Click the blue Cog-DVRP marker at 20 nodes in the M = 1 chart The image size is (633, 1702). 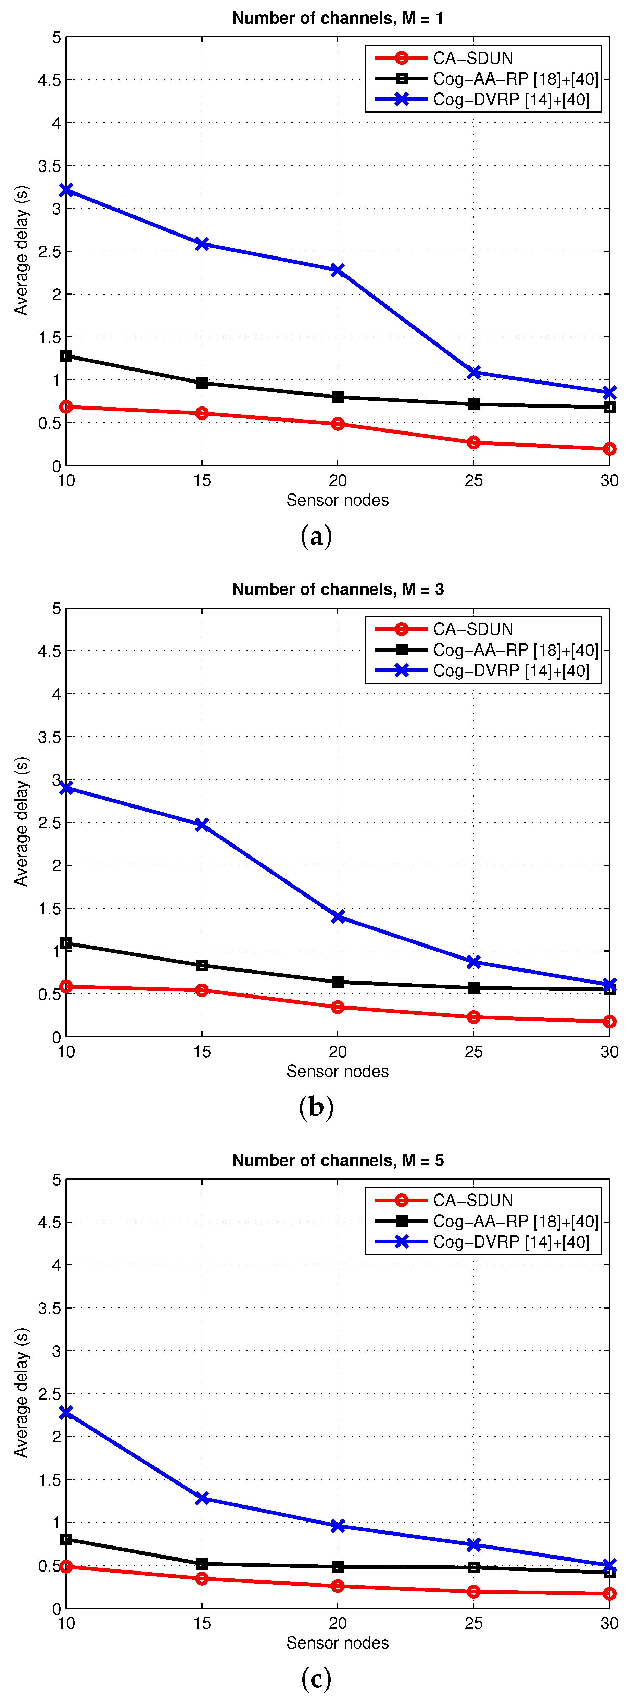point(338,270)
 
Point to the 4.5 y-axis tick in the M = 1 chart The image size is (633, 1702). point(49,80)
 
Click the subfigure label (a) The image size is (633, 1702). point(316,536)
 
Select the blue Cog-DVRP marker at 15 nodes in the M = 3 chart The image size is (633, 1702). point(202,825)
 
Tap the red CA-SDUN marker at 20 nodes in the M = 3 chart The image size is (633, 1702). point(338,1007)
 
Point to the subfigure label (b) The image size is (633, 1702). point(316,1107)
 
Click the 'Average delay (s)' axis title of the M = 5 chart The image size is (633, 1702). point(22,1392)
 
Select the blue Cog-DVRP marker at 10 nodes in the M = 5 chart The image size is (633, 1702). point(66,1412)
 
